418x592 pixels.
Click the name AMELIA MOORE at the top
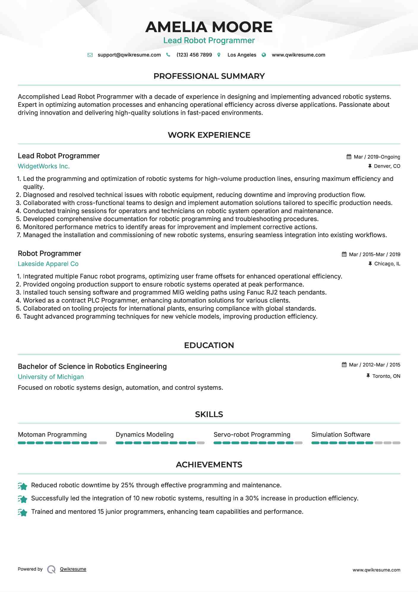[209, 27]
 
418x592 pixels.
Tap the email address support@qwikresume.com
[129, 55]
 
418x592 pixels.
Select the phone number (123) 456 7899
[194, 55]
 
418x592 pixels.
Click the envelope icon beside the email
[90, 55]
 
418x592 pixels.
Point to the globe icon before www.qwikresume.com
[264, 55]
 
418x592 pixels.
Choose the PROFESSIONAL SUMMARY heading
[209, 76]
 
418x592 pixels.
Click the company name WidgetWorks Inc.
[44, 166]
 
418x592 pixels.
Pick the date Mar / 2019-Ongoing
[377, 157]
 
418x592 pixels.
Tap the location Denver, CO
[387, 166]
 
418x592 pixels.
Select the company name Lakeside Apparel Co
[48, 264]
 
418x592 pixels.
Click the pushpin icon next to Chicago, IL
[370, 264]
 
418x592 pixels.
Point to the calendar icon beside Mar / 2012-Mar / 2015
[344, 365]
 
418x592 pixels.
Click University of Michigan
[51, 377]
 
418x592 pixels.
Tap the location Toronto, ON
[386, 376]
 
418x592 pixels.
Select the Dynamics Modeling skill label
[145, 435]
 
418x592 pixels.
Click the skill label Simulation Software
[340, 435]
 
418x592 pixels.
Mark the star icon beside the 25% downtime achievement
[23, 486]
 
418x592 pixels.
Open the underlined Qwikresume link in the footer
[73, 569]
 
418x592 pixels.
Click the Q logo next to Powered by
[51, 569]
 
